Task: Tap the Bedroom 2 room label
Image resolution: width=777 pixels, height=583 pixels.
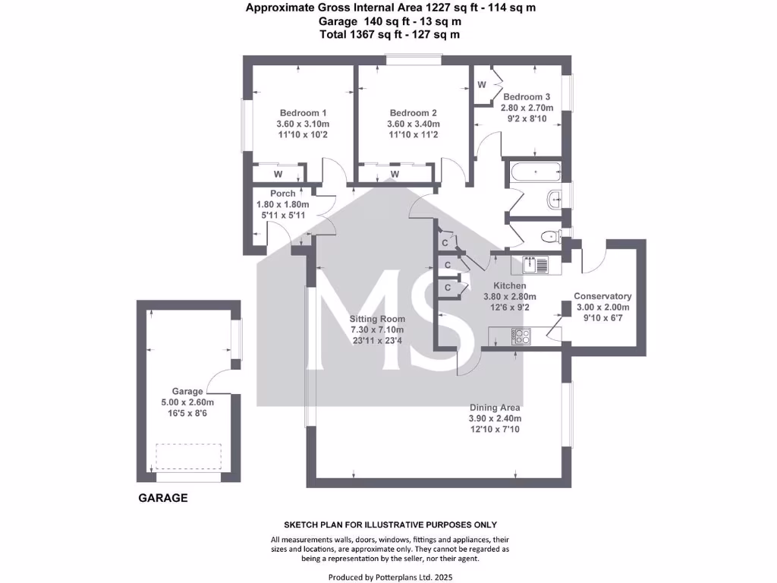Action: click(x=413, y=112)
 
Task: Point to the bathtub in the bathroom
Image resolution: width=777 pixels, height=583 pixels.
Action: click(x=536, y=172)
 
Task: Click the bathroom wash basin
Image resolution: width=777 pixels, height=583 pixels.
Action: click(x=555, y=200)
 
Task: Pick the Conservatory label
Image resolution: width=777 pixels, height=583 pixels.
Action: click(x=602, y=296)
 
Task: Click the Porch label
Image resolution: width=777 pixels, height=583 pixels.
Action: click(x=282, y=194)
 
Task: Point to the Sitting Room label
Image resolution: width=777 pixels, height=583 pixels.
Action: click(x=377, y=319)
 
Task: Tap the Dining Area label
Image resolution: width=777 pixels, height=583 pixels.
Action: click(x=495, y=407)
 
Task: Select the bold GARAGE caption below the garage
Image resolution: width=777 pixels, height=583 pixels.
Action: click(x=162, y=499)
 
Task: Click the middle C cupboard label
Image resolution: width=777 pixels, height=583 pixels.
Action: click(x=448, y=265)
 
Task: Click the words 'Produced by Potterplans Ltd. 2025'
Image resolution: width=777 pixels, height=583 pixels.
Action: click(x=390, y=577)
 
